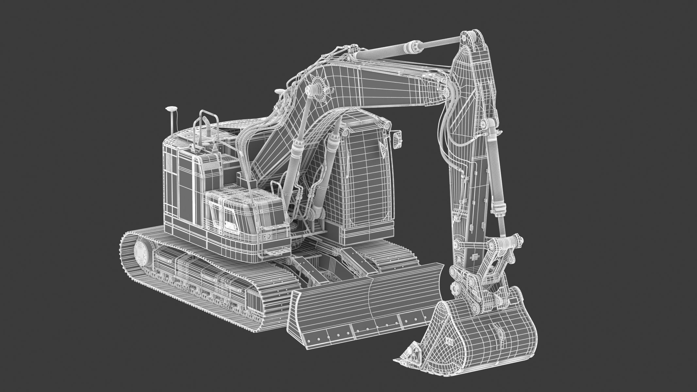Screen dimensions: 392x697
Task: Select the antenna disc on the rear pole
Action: (x=171, y=107)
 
